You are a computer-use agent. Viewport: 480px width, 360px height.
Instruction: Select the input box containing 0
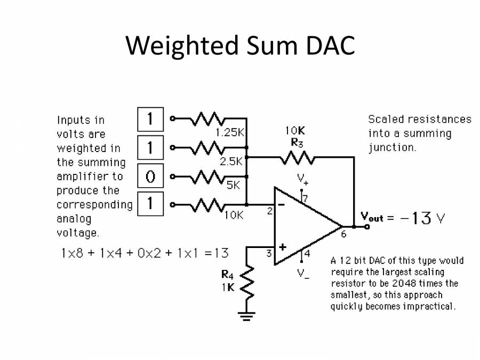tap(150, 176)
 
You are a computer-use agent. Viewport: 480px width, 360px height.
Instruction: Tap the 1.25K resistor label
tap(229, 133)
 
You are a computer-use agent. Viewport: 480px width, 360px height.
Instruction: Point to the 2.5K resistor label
tap(231, 161)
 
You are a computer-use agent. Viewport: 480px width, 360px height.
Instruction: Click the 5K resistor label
tap(234, 186)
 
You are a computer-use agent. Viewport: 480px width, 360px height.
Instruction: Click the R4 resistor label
tap(227, 275)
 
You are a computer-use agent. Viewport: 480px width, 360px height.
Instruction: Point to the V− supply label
tap(303, 274)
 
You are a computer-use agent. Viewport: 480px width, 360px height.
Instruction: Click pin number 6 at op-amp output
tap(343, 234)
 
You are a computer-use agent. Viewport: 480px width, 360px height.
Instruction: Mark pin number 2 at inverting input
tap(270, 211)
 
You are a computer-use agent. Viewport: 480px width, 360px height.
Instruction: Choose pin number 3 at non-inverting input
tap(270, 254)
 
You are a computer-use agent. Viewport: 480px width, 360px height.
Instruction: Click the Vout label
tap(372, 217)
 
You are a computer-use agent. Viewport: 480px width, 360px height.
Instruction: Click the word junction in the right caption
tap(392, 148)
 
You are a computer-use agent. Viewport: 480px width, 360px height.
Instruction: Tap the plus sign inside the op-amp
tap(282, 247)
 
